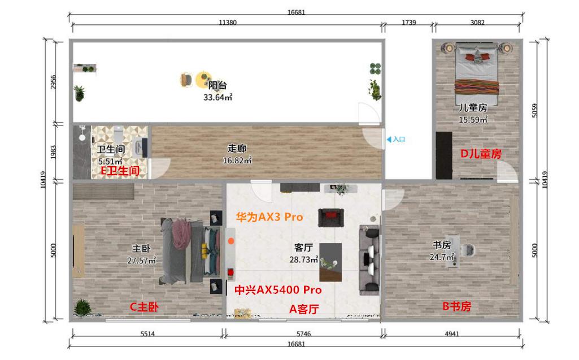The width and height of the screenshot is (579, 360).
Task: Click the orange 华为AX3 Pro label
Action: click(x=269, y=217)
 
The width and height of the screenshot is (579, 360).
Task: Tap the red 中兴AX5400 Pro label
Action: click(x=278, y=290)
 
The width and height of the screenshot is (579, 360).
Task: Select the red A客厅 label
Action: click(x=304, y=309)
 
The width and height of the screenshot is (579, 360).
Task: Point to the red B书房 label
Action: click(x=456, y=306)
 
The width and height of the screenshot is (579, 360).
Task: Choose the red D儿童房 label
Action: click(x=481, y=153)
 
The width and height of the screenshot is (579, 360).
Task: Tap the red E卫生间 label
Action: click(x=119, y=170)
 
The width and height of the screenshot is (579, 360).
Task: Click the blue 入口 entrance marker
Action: click(x=396, y=138)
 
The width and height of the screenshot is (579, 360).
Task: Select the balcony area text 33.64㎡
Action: click(x=218, y=97)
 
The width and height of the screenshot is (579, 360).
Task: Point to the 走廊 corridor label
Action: click(x=237, y=149)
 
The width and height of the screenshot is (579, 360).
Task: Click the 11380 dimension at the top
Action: click(x=227, y=23)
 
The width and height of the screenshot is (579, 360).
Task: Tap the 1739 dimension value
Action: click(x=408, y=23)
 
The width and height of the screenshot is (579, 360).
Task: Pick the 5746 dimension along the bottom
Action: click(x=303, y=333)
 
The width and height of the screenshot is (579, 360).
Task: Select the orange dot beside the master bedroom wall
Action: click(x=230, y=241)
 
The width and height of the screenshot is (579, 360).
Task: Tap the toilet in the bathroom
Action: click(x=118, y=135)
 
